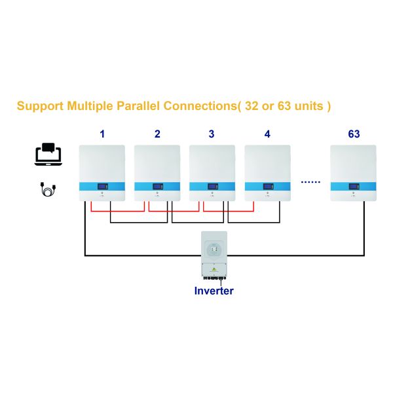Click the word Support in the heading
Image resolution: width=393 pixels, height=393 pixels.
pos(40,105)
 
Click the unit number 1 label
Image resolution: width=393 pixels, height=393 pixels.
pos(102,134)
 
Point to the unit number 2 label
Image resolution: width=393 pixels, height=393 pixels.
pos(157,134)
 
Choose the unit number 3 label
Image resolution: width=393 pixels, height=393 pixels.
pos(211,134)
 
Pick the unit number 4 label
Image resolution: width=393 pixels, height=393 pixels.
pos(267,134)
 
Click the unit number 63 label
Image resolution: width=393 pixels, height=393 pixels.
pos(354,134)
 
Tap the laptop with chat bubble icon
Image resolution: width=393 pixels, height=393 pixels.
pos(48,154)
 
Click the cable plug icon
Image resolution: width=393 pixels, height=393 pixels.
pos(48,190)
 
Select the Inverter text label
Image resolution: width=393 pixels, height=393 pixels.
pos(214,290)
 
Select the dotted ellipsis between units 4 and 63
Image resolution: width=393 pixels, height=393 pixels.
pos(310,181)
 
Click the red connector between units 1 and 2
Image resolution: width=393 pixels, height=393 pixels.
pos(117,210)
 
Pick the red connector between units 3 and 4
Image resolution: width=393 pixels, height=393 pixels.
pos(228,210)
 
